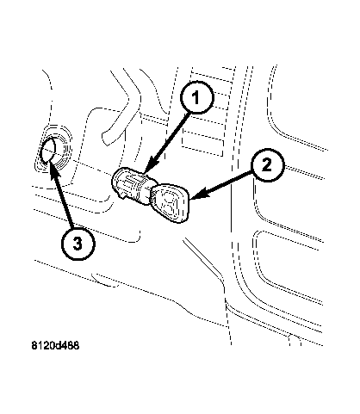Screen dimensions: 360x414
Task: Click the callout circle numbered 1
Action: click(197, 97)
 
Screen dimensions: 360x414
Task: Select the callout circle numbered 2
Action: click(268, 165)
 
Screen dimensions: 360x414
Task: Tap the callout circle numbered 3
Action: click(78, 244)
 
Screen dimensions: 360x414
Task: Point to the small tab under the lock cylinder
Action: click(122, 195)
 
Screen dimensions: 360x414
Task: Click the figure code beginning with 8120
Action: click(55, 345)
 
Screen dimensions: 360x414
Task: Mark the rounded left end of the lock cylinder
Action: click(116, 180)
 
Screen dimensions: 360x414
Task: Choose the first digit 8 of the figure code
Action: click(34, 346)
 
